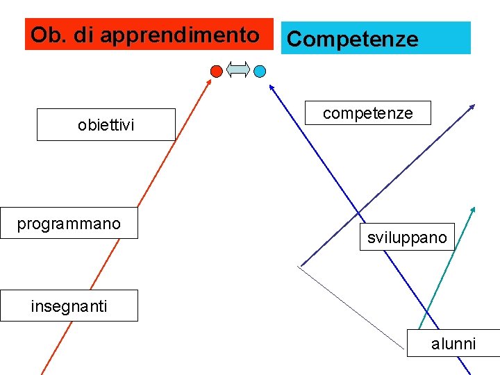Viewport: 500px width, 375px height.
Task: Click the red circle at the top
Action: tap(217, 71)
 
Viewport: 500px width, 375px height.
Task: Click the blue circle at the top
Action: tap(260, 71)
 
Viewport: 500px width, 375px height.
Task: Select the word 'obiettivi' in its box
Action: tap(106, 126)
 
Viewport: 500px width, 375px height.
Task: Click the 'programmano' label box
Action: tap(69, 224)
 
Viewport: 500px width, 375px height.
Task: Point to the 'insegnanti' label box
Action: tap(69, 306)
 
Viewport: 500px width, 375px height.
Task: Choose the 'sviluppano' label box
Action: tap(407, 237)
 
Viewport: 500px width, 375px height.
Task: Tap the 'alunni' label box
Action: tap(453, 343)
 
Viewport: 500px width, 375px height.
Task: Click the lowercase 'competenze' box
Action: tap(368, 113)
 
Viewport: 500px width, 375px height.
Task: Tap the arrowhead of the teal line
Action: tap(474, 209)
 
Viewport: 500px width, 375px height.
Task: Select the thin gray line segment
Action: tap(351, 306)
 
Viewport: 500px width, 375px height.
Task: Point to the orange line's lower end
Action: tap(44, 372)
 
